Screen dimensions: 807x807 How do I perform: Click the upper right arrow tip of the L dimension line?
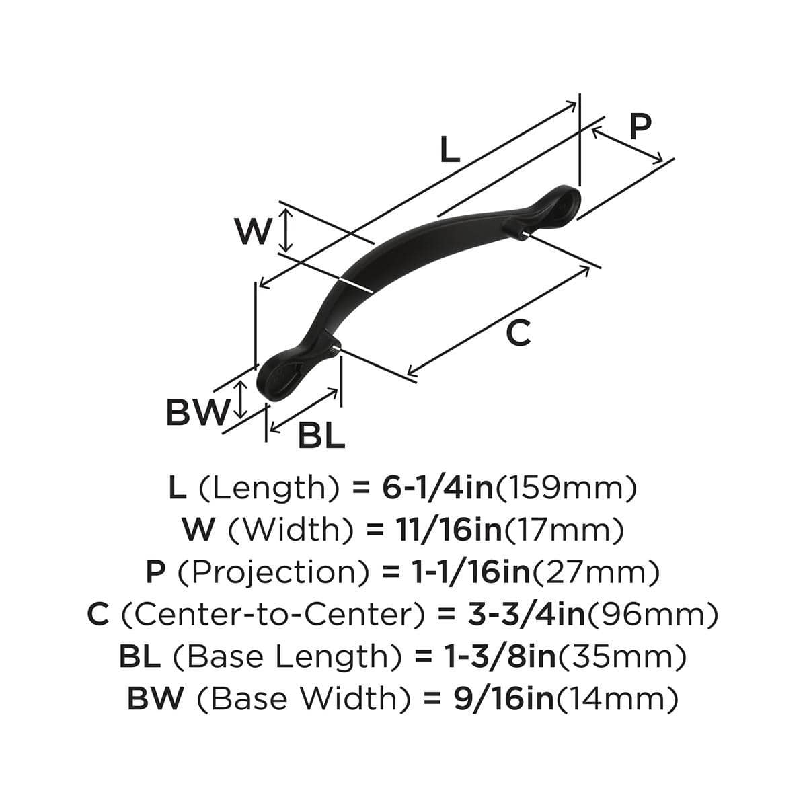[576, 102]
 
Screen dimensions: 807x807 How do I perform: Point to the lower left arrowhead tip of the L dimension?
[259, 287]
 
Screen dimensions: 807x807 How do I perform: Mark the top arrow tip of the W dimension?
[286, 209]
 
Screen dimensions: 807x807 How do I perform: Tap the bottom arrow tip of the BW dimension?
[240, 418]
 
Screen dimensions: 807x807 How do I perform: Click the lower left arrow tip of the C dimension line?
[407, 375]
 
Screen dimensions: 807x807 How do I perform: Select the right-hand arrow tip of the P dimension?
[662, 161]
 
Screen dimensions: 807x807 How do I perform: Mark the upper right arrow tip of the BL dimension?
[338, 389]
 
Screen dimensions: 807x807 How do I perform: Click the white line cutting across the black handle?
[356, 284]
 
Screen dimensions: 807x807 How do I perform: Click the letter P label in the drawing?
[640, 126]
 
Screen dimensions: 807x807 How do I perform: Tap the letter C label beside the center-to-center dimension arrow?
[518, 334]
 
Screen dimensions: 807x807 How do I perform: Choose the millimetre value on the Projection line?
[596, 573]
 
